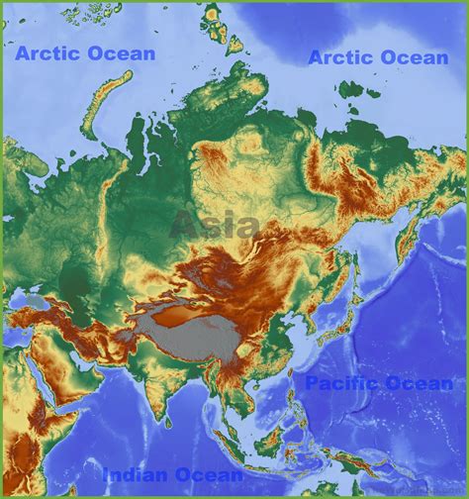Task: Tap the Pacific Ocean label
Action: point(378,383)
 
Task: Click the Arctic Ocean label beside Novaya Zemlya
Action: point(84,53)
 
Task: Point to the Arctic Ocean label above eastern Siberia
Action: point(378,57)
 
